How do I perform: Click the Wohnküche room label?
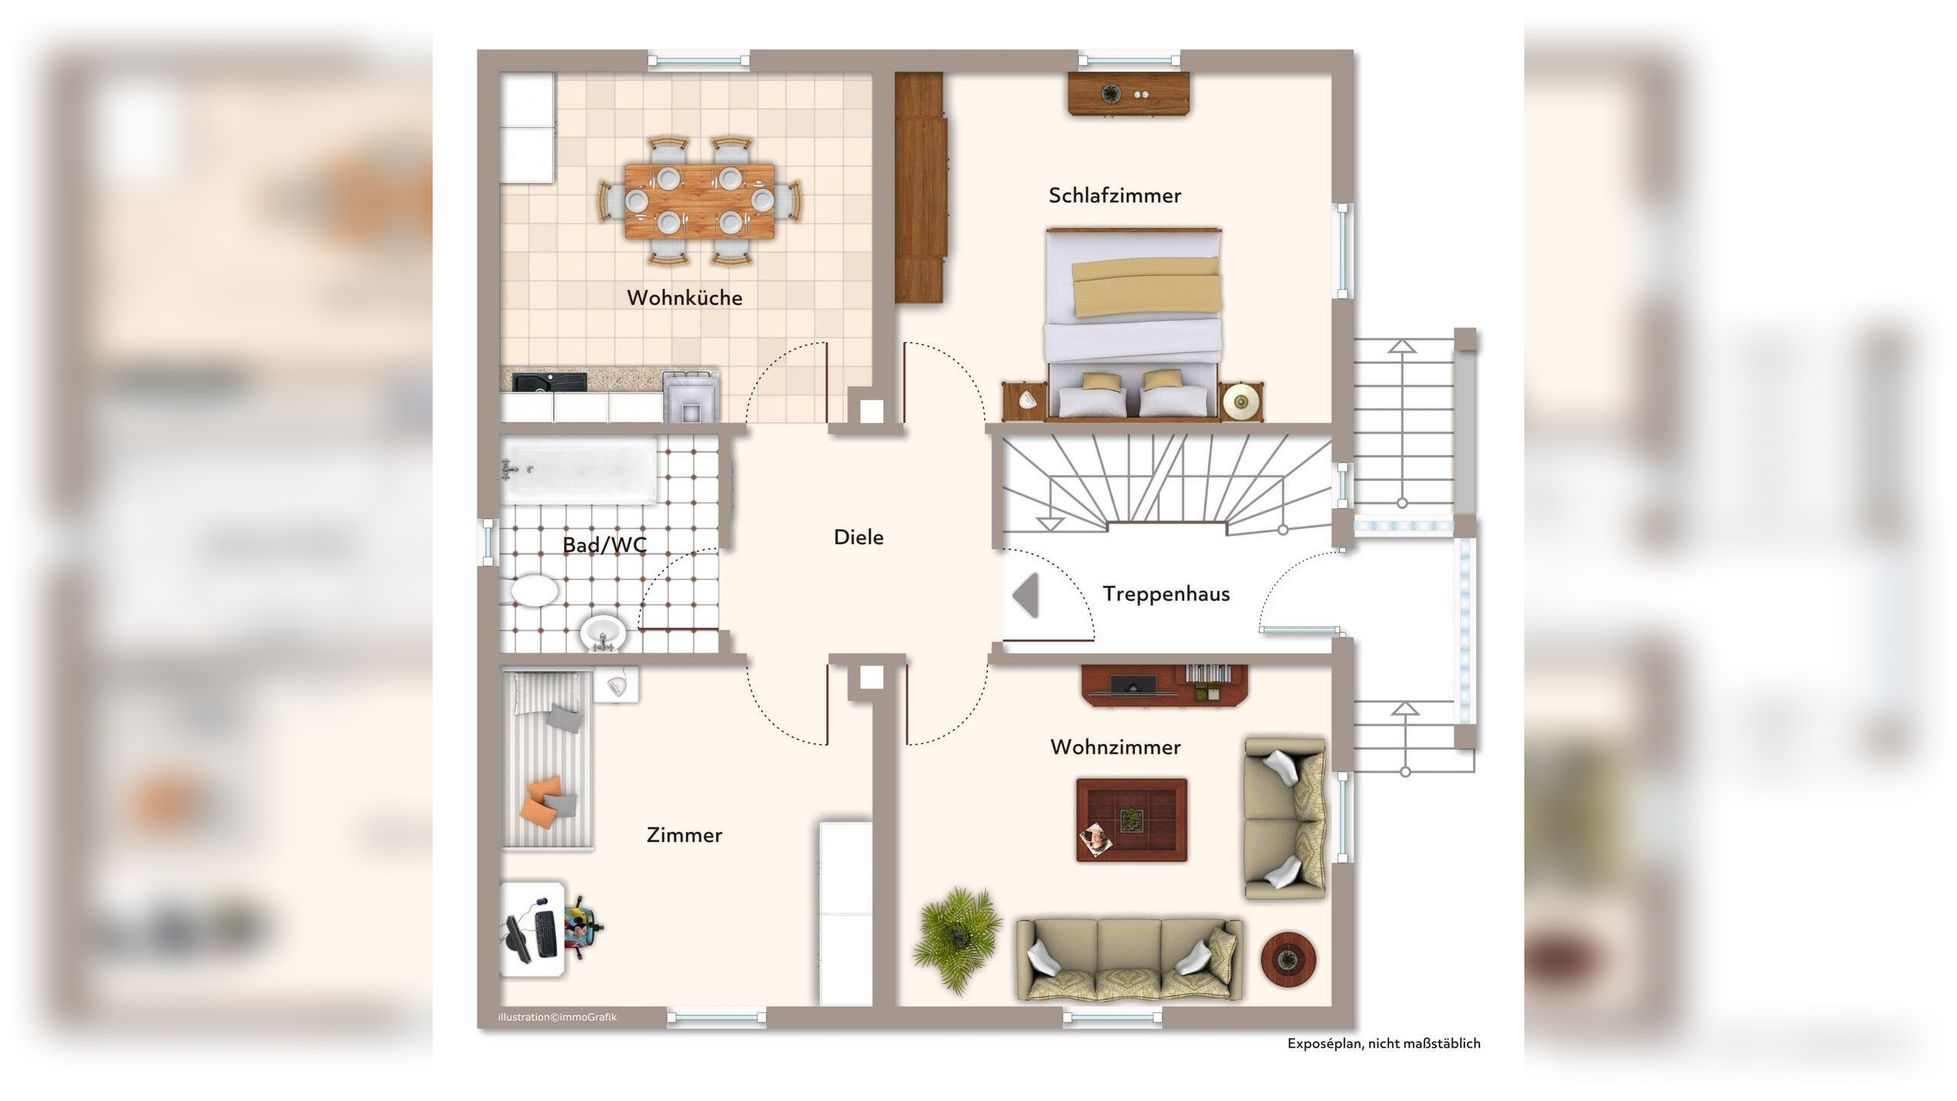[684, 298]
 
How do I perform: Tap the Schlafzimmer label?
[1115, 196]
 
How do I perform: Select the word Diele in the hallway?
[858, 538]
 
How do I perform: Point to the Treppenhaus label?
[1166, 594]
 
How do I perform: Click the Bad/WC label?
[604, 544]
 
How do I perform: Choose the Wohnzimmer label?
[1115, 747]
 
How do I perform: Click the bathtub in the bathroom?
[579, 470]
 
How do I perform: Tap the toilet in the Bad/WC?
[534, 591]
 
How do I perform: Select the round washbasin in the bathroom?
[603, 632]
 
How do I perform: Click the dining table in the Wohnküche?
[699, 201]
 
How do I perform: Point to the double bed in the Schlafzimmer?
[1134, 323]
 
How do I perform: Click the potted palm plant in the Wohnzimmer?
[956, 938]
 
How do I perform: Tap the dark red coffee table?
[1131, 820]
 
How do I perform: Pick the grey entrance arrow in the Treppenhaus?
[1026, 595]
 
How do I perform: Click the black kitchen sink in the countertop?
[550, 382]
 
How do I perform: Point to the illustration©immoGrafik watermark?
[557, 1018]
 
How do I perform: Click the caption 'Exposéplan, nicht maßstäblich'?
[1384, 1044]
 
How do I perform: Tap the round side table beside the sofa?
[1288, 959]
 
